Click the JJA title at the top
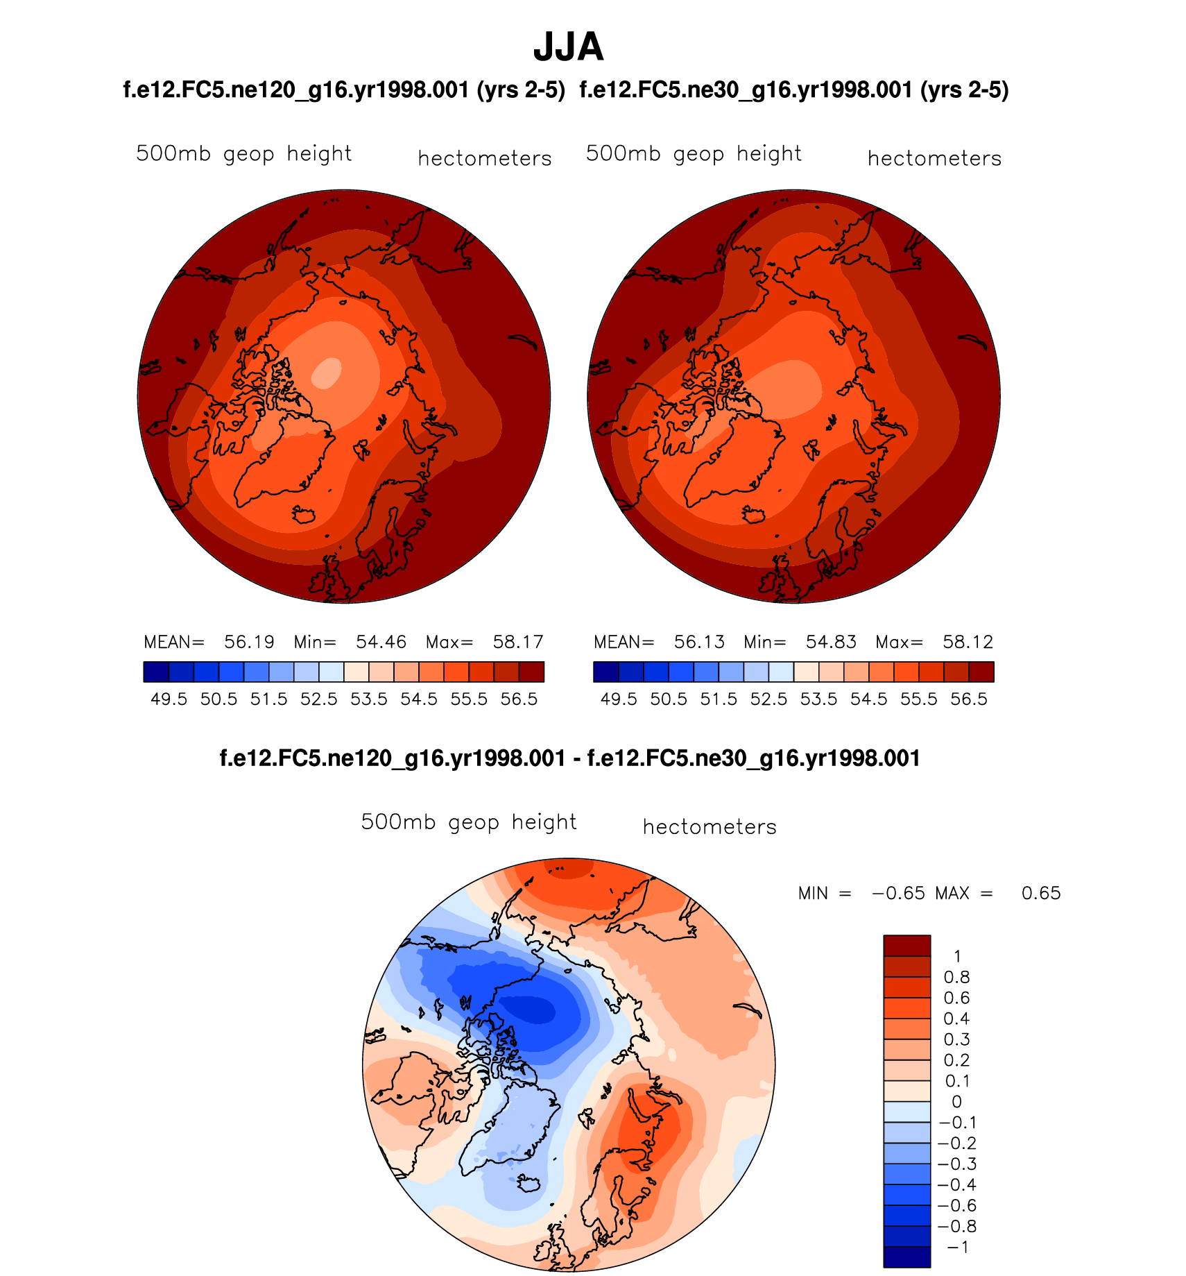568,47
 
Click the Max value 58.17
517,642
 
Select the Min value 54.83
831,642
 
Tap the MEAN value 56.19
249,642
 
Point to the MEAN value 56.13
699,642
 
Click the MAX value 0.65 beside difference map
1041,893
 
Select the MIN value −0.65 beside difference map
898,893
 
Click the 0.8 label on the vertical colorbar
957,977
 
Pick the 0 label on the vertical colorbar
957,1101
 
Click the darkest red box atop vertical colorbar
906,946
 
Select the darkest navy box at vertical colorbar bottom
906,1257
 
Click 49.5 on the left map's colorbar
169,699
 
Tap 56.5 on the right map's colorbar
969,699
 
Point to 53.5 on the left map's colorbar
369,699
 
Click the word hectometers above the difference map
710,827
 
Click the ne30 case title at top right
793,90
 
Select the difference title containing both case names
569,758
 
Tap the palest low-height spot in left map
327,373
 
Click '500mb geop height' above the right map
694,153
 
